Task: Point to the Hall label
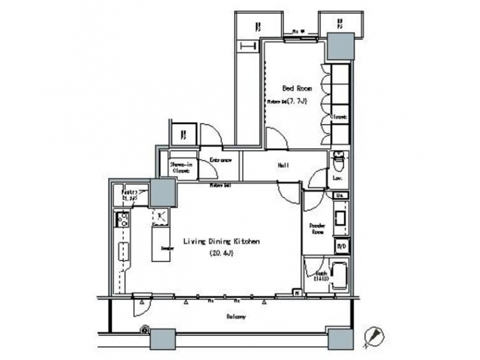pyautogui.click(x=282, y=165)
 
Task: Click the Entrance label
pyautogui.click(x=221, y=161)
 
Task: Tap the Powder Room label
pyautogui.click(x=317, y=229)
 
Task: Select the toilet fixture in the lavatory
pyautogui.click(x=337, y=160)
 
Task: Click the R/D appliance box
pyautogui.click(x=341, y=246)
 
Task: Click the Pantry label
pyautogui.click(x=128, y=195)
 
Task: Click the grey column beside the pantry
pyautogui.click(x=163, y=193)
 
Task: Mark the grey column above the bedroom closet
pyautogui.click(x=341, y=47)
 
